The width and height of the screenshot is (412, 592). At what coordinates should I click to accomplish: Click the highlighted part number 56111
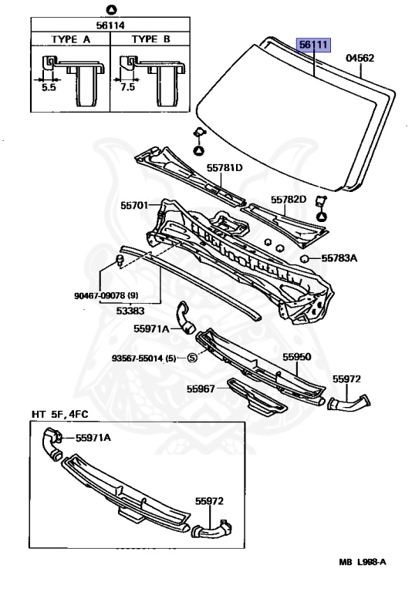(x=313, y=45)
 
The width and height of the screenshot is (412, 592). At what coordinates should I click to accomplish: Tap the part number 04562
(x=360, y=58)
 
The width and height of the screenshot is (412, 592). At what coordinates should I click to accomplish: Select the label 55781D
(x=225, y=167)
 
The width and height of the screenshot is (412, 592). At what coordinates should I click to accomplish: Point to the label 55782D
(x=289, y=200)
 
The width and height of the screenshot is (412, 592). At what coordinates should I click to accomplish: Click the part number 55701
(x=134, y=205)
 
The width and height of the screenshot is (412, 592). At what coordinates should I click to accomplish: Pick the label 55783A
(x=339, y=258)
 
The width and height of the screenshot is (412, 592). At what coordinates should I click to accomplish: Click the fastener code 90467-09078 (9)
(x=106, y=295)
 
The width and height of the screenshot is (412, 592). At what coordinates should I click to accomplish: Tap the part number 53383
(x=130, y=311)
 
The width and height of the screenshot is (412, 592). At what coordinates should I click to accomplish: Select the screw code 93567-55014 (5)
(x=144, y=358)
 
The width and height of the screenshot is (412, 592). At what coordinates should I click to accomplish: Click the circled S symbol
(x=192, y=358)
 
